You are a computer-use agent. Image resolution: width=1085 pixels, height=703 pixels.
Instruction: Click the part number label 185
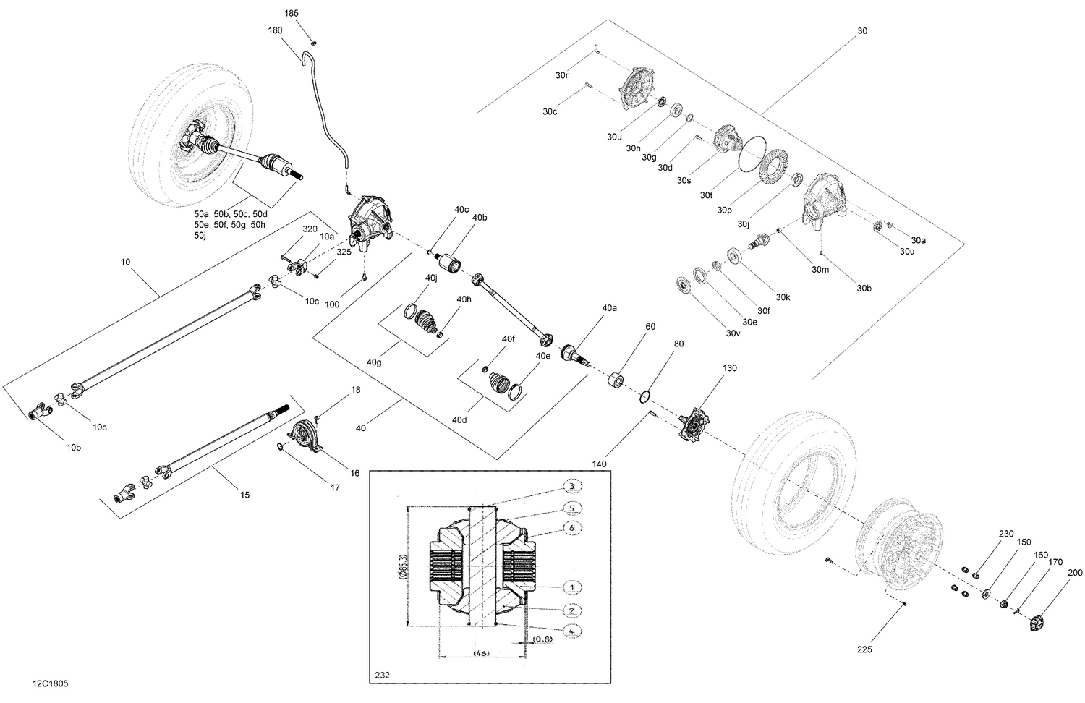[x=291, y=14]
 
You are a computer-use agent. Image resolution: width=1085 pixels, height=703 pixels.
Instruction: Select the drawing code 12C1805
[x=51, y=683]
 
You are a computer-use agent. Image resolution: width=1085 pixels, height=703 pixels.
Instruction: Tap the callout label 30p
[x=724, y=210]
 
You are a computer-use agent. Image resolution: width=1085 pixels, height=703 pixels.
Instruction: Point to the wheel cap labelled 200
[x=1036, y=621]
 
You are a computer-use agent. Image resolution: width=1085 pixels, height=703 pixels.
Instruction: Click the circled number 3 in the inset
[x=572, y=485]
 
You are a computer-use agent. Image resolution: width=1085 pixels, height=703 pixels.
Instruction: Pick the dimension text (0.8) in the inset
[x=542, y=639]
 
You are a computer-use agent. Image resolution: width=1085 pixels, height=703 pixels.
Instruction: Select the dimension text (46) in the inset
[x=481, y=653]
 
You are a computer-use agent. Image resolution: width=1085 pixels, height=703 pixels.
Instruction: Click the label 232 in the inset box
[x=382, y=675]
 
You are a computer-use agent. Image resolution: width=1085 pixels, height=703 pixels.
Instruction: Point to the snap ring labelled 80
[x=644, y=396]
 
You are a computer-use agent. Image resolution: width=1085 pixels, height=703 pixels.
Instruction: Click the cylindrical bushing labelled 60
[x=616, y=380]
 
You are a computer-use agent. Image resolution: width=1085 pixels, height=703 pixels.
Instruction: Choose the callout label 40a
[x=609, y=308]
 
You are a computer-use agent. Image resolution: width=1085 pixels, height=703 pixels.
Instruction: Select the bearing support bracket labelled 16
[x=305, y=436]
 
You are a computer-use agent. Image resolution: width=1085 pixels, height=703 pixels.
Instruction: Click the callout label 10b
[x=74, y=448]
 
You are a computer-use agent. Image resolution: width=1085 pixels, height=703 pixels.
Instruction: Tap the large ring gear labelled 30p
[x=773, y=174]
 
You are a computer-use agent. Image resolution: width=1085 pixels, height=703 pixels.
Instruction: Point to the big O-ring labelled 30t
[x=749, y=153]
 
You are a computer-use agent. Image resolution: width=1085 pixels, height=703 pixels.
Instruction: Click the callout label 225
[x=864, y=649]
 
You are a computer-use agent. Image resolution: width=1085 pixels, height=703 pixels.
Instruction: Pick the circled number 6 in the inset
[x=572, y=528]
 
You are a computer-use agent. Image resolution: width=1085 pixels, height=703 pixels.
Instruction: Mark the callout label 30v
[x=733, y=333]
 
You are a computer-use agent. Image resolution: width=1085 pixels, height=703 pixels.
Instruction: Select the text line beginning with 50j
[x=200, y=236]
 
